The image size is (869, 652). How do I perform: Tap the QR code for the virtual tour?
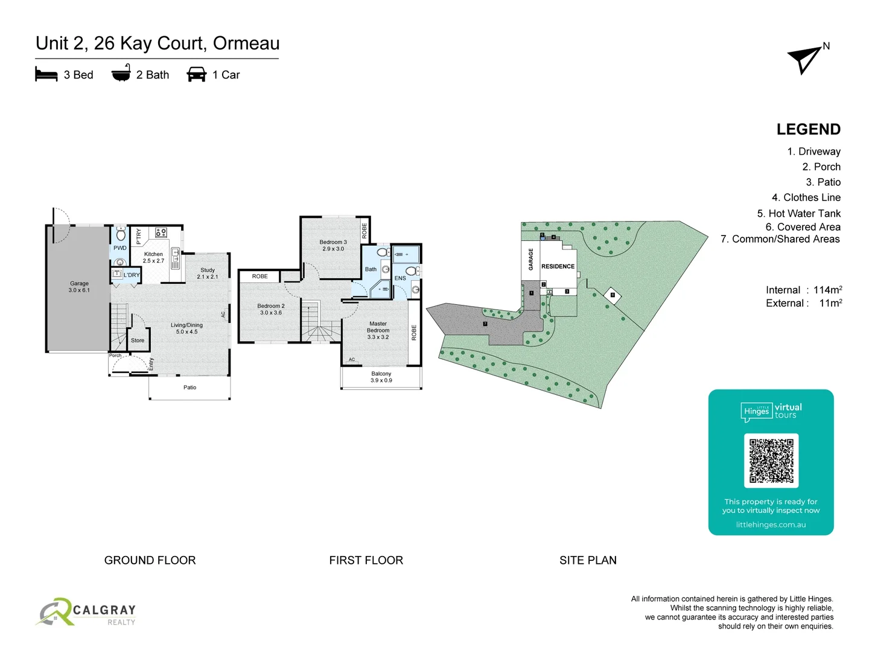click(771, 460)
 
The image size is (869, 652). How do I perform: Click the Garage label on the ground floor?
click(79, 287)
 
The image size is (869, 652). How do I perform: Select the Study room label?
click(208, 273)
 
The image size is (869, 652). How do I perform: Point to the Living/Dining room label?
click(186, 328)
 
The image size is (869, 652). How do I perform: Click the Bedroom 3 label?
click(333, 245)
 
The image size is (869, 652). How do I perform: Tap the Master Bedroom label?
click(378, 330)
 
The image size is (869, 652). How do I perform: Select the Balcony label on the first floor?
click(381, 377)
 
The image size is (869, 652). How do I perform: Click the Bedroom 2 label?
click(271, 309)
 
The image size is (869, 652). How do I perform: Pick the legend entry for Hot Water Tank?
click(798, 213)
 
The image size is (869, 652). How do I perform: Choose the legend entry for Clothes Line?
click(806, 197)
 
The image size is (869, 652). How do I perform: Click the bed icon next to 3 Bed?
click(46, 75)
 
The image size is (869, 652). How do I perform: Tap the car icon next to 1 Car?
click(197, 75)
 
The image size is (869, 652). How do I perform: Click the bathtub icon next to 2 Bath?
click(121, 74)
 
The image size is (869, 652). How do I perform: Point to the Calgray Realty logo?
click(86, 613)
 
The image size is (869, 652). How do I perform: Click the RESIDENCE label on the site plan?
click(558, 266)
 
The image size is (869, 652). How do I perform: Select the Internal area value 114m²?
click(827, 290)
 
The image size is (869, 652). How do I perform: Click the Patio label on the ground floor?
click(189, 388)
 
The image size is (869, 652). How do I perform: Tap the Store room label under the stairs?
click(138, 340)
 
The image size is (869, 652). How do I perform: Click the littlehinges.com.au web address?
click(771, 525)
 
